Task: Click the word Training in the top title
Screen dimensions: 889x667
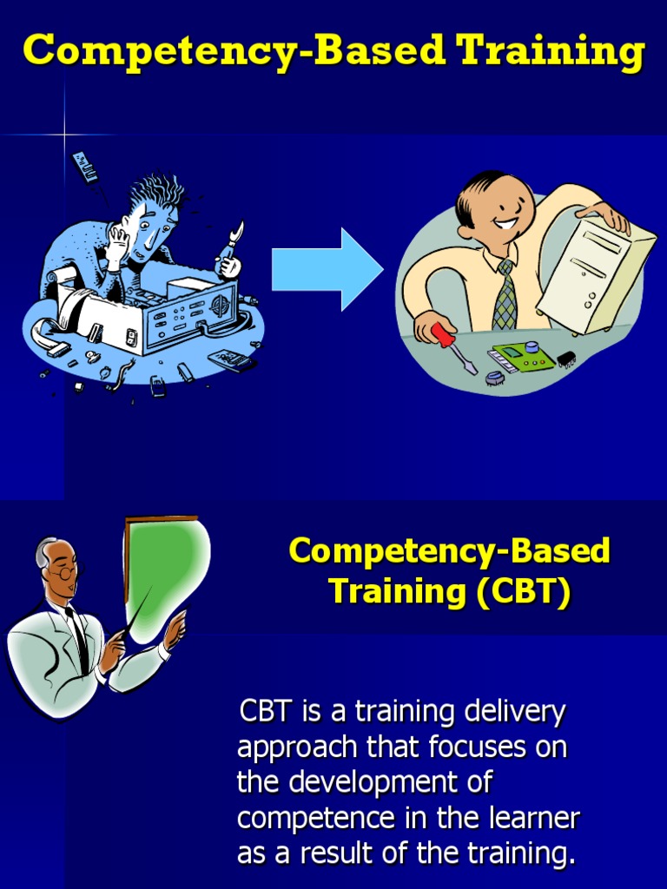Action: [551, 50]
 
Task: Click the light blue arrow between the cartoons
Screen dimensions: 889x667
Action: [326, 269]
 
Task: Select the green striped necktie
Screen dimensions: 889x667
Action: [505, 295]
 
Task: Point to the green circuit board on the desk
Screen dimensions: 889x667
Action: [524, 355]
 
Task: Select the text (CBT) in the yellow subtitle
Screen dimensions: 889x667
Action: [522, 592]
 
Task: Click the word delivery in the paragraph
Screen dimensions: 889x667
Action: [514, 712]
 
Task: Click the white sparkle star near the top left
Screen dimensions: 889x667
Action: [64, 135]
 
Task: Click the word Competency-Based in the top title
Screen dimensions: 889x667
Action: [233, 50]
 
